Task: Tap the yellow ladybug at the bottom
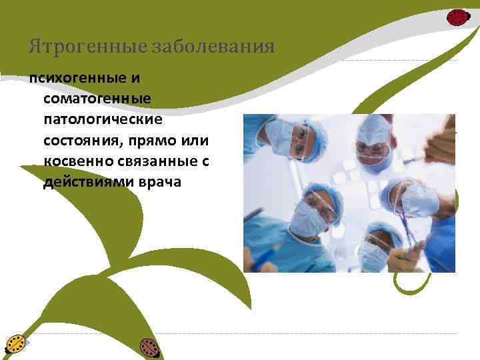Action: [15, 344]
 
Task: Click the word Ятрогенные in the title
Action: [88, 47]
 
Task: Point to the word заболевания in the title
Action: [213, 47]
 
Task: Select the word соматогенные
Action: [97, 99]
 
